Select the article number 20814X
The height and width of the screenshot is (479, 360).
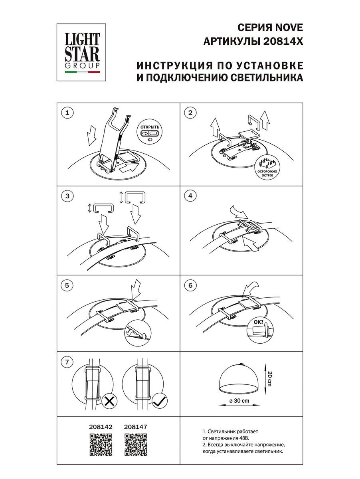(x=283, y=41)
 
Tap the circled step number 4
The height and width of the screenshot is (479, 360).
(x=190, y=196)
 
